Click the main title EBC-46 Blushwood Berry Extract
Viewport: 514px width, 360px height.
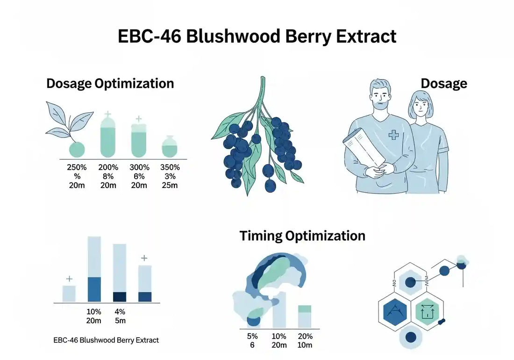click(x=257, y=36)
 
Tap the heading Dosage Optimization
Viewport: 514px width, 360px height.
click(x=110, y=84)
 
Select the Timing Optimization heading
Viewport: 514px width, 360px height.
click(x=302, y=236)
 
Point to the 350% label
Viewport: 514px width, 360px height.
click(x=170, y=167)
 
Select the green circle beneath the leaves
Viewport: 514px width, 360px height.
click(x=77, y=149)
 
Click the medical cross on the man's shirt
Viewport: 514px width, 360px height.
click(x=394, y=135)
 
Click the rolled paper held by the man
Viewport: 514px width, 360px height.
click(x=364, y=147)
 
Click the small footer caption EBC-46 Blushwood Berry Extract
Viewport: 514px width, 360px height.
click(x=106, y=340)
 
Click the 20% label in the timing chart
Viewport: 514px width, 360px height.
click(x=305, y=336)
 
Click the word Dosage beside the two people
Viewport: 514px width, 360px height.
click(x=443, y=84)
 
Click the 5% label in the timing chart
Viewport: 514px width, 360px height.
click(x=252, y=336)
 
